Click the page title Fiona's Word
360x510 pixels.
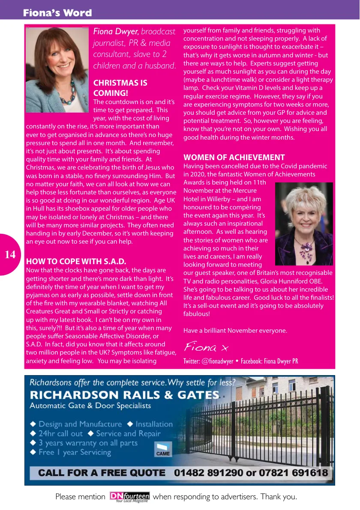(57, 13)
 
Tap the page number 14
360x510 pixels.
(10, 255)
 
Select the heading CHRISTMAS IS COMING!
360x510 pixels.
(120, 88)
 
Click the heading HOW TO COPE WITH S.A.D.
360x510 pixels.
(76, 261)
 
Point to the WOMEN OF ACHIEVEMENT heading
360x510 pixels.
(234, 157)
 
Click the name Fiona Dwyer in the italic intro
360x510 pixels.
(116, 32)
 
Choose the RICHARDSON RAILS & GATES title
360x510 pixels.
(124, 394)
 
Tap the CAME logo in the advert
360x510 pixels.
(163, 450)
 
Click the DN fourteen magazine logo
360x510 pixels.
(129, 497)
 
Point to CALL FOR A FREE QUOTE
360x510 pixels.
(102, 473)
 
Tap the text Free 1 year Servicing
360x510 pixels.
(75, 452)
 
